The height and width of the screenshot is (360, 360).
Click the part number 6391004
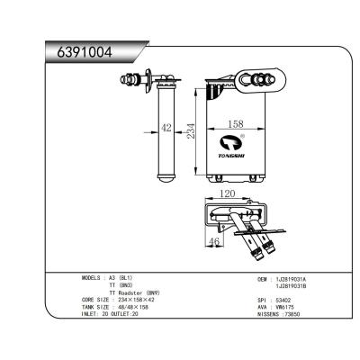coord(82,53)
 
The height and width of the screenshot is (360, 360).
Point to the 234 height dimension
coord(191,131)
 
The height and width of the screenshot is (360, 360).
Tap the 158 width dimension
coord(233,124)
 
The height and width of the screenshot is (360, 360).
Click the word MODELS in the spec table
coord(93,280)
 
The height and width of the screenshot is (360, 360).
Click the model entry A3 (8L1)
coord(121,280)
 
